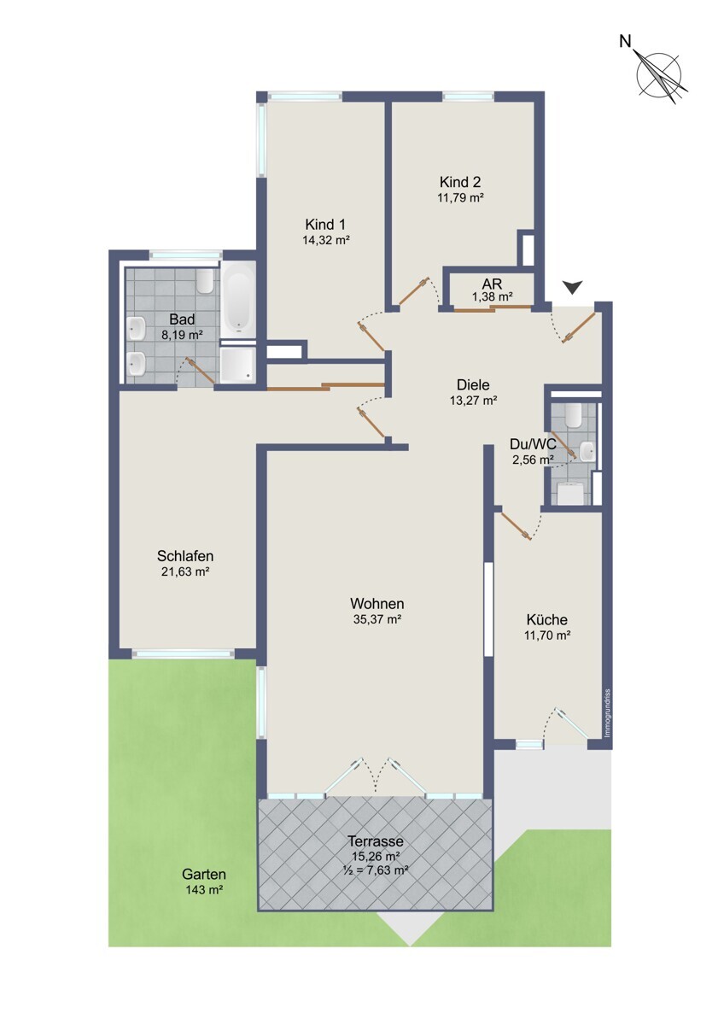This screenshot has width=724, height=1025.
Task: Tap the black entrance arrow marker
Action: (572, 287)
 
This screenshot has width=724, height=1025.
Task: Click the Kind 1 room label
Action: (325, 225)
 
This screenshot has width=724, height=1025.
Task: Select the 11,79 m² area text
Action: (460, 197)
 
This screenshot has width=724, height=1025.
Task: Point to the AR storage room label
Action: (492, 283)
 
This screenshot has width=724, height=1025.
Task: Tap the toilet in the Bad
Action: (204, 279)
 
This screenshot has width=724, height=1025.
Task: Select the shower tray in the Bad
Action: (237, 364)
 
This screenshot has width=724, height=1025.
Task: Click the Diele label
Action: (473, 385)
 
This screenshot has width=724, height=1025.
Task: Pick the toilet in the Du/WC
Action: (573, 413)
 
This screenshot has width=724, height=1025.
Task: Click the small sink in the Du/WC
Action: (587, 451)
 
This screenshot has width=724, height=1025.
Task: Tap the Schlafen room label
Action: (185, 556)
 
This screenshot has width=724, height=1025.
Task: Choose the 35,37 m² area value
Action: (377, 619)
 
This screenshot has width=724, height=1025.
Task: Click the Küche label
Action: (547, 619)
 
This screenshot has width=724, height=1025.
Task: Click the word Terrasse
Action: (376, 841)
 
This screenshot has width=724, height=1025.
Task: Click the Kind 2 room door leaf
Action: (413, 290)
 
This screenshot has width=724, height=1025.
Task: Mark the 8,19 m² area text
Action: (182, 335)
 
